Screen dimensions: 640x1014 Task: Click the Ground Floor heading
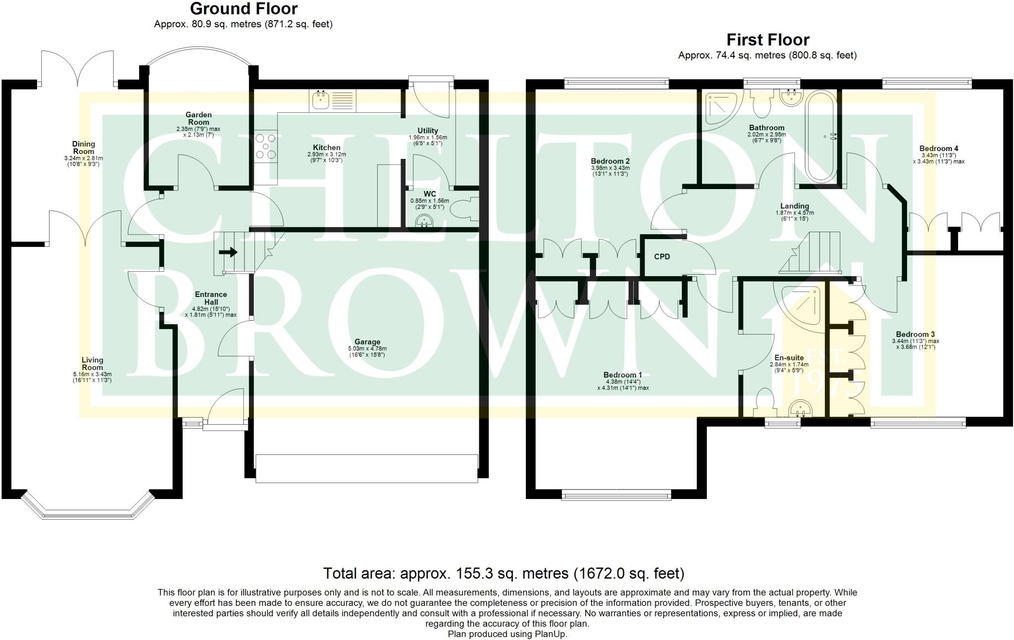pyautogui.click(x=244, y=9)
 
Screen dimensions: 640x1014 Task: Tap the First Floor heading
pyautogui.click(x=767, y=40)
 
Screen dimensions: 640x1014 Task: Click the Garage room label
pyautogui.click(x=367, y=342)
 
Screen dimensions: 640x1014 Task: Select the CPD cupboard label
pyautogui.click(x=661, y=256)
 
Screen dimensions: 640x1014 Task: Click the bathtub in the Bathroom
pyautogui.click(x=821, y=136)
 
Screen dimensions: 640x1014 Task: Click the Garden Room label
pyautogui.click(x=198, y=118)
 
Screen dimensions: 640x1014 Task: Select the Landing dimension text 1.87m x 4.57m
pyautogui.click(x=794, y=213)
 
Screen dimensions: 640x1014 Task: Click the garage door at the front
pyautogui.click(x=366, y=468)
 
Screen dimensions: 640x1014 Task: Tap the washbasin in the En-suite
pyautogui.click(x=798, y=409)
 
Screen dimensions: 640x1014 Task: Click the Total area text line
pyautogui.click(x=504, y=574)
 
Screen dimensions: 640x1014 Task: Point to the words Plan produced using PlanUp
pyautogui.click(x=507, y=634)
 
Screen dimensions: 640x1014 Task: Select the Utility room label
pyautogui.click(x=427, y=131)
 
